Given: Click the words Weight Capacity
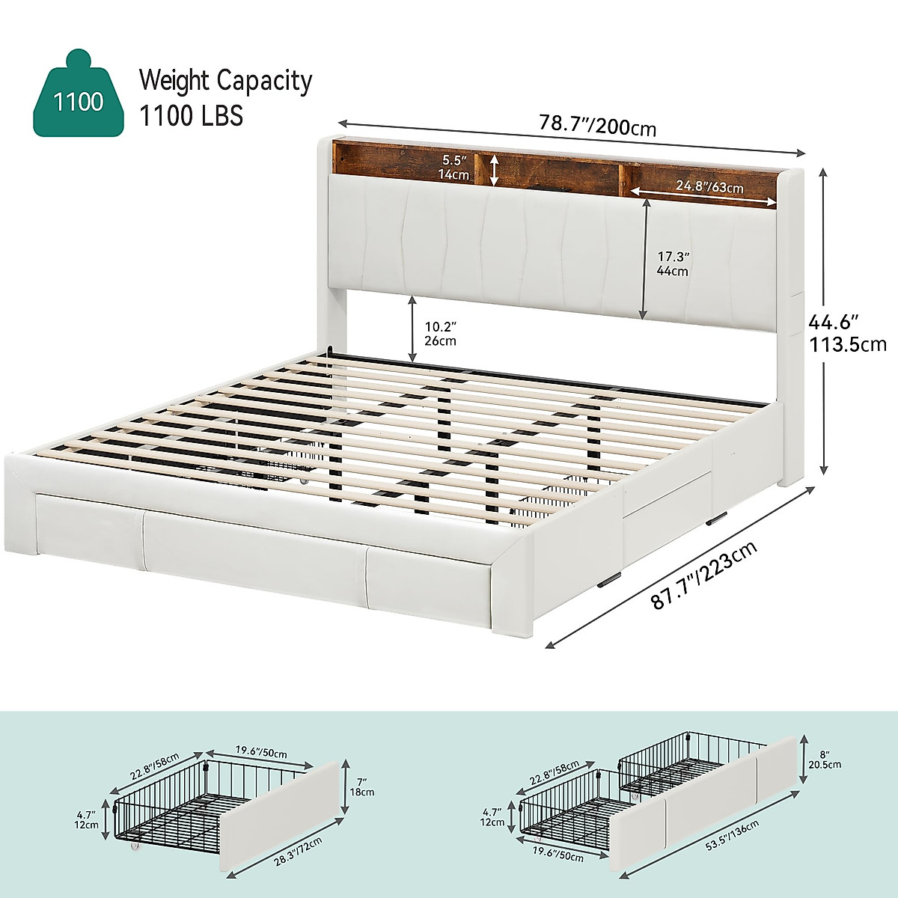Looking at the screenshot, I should click(225, 81).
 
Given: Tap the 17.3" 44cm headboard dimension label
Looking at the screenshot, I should click(671, 263).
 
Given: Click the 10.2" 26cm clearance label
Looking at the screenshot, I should click(440, 334).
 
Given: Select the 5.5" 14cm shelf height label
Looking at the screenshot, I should click(455, 168).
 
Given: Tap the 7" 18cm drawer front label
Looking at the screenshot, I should click(362, 785).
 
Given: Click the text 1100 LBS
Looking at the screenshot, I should click(191, 116).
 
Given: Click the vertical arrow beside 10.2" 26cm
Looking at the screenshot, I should click(412, 328).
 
